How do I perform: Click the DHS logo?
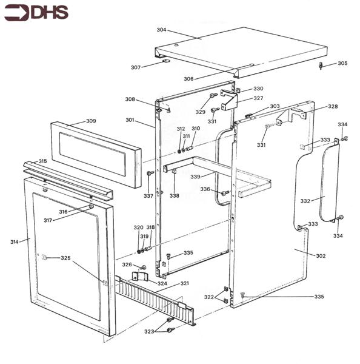coord(36,12)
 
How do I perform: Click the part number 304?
coord(161,30)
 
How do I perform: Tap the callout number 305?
coord(342,63)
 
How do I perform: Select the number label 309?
coord(90,121)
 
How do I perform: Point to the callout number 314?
coord(15,241)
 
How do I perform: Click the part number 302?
coord(321,256)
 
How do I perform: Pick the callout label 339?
coord(195,177)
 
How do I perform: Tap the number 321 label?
coord(184,284)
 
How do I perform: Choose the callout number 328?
coord(333,106)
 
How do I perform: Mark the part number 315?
coord(42,161)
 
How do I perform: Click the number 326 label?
coord(127,265)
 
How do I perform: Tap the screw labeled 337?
coord(149,174)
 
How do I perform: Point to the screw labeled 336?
coord(225,193)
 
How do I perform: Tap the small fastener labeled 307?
coord(166,61)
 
